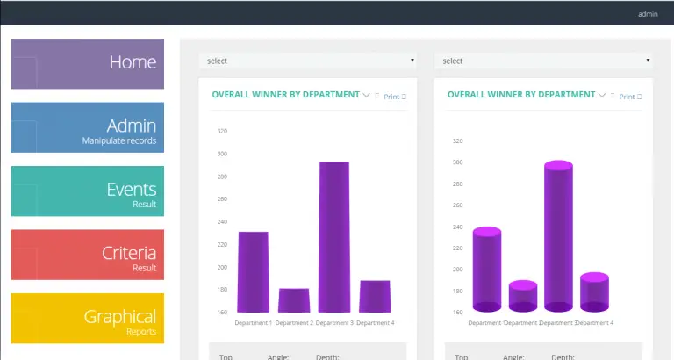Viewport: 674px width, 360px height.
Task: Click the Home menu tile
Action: pos(87,63)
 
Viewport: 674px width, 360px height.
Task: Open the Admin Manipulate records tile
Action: pos(87,128)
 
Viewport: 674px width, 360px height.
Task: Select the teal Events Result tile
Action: pos(87,191)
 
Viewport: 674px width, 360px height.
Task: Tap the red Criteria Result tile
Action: pos(87,255)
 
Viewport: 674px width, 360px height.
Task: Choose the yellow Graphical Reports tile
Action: pos(87,318)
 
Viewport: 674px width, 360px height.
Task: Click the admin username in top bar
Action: pos(648,14)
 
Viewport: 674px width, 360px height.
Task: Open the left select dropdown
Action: pos(308,61)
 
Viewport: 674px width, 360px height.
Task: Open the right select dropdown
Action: pos(542,61)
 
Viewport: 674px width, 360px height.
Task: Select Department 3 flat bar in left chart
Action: pos(333,237)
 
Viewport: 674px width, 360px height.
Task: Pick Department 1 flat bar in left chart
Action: pos(253,272)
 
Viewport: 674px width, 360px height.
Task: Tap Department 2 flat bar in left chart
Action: pos(294,300)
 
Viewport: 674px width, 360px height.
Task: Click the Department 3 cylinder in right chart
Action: pos(558,237)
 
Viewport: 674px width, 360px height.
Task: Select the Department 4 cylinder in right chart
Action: pos(594,292)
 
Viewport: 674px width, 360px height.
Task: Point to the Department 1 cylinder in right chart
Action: pos(487,270)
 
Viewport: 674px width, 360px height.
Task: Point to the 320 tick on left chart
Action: pos(222,131)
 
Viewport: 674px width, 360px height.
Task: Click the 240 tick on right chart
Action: pos(457,227)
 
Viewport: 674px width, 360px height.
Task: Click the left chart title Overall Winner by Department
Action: pos(285,95)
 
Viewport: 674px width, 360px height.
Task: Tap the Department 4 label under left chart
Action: pos(375,323)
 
